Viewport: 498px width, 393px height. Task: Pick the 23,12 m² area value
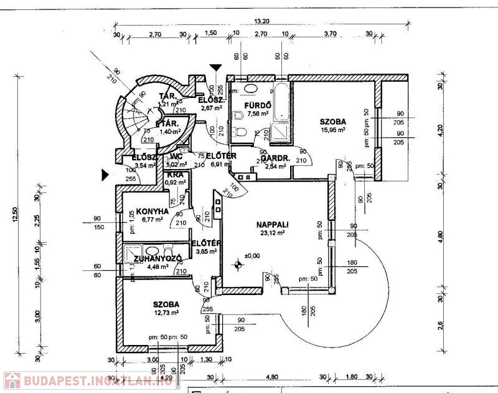click(272, 233)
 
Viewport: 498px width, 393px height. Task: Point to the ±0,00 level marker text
click(251, 256)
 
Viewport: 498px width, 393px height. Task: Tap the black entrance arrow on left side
click(107, 177)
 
